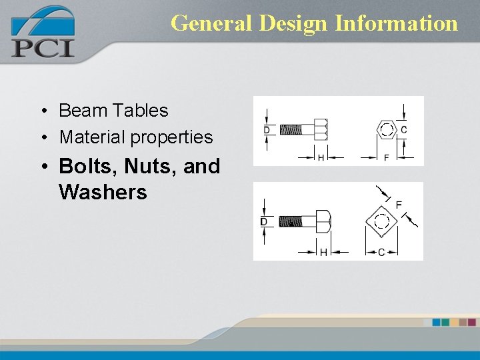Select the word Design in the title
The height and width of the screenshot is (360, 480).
(x=293, y=23)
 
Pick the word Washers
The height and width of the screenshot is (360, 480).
(x=103, y=193)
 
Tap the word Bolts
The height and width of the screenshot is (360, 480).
(x=83, y=166)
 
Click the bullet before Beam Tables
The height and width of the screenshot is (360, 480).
(x=42, y=111)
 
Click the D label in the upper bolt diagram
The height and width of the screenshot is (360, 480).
(x=267, y=129)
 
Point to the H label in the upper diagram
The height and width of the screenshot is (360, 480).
(x=321, y=157)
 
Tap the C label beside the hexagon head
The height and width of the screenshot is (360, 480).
(x=404, y=129)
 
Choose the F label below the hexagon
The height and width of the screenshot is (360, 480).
(x=387, y=157)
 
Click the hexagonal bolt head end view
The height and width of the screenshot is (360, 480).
(x=387, y=129)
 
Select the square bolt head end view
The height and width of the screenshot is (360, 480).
(x=381, y=222)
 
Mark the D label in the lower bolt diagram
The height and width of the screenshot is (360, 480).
(x=264, y=222)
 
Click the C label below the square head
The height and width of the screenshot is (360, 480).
(x=381, y=252)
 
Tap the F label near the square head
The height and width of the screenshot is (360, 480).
(x=399, y=205)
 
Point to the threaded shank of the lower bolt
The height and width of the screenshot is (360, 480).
(x=290, y=221)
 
